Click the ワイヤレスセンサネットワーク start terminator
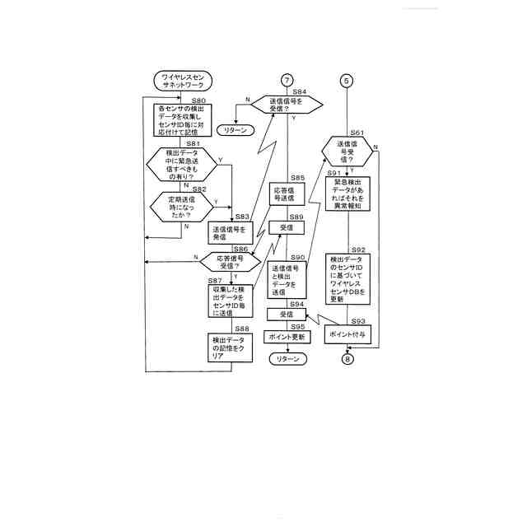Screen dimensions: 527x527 (183, 81)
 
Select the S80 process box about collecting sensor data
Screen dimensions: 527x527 (184, 119)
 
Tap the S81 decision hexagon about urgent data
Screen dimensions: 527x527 (182, 165)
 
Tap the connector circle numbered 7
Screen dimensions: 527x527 (287, 80)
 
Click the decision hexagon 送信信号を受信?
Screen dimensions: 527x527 (286, 105)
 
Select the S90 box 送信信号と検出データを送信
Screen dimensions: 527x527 (287, 280)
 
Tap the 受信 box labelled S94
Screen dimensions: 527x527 (287, 315)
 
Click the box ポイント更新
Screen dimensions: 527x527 (287, 337)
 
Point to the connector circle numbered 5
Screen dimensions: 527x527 (347, 80)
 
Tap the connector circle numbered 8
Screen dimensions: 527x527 (347, 359)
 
